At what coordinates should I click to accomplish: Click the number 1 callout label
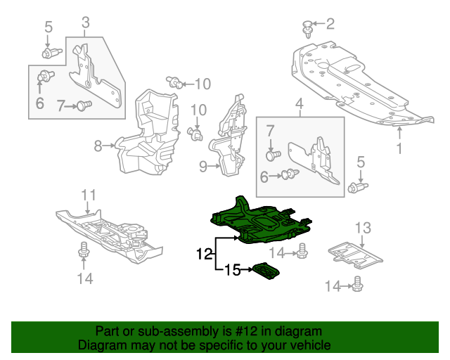[399, 148]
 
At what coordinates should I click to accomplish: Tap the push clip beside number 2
[307, 27]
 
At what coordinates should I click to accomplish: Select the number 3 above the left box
[85, 25]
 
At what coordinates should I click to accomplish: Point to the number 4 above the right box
[300, 105]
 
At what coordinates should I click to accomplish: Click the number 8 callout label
[98, 146]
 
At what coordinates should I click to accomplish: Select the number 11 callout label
[87, 195]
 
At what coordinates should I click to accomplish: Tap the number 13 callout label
[362, 227]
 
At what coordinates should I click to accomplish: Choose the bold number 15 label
[232, 269]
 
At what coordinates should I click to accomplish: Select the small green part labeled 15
[265, 271]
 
